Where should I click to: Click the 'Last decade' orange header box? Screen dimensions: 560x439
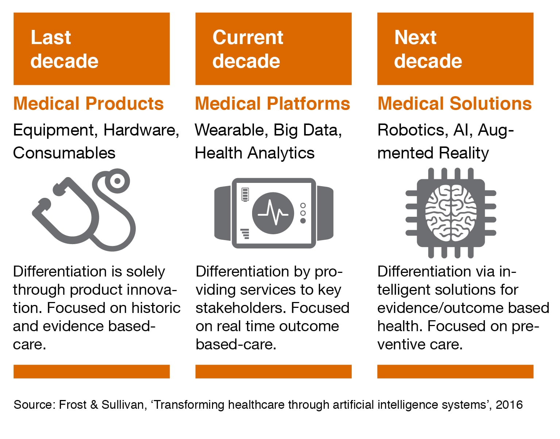pyautogui.click(x=92, y=48)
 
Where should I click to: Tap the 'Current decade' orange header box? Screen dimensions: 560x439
pyautogui.click(x=273, y=48)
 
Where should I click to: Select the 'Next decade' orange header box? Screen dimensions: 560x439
pyautogui.click(x=455, y=48)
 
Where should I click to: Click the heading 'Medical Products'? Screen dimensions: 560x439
pyautogui.click(x=88, y=103)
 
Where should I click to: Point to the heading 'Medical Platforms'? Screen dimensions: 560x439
pyautogui.click(x=273, y=103)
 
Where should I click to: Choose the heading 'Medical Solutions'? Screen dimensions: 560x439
pyautogui.click(x=455, y=103)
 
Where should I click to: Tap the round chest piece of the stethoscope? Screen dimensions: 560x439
pyautogui.click(x=117, y=181)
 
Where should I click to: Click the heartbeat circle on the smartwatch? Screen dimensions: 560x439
pyautogui.click(x=273, y=213)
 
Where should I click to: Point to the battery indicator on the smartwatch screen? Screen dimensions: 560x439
pyautogui.click(x=245, y=194)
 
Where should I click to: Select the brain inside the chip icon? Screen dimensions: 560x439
pyautogui.click(x=451, y=213)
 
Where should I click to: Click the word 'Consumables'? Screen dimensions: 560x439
pyautogui.click(x=64, y=153)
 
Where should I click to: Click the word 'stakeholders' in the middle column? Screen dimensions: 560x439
pyautogui.click(x=241, y=308)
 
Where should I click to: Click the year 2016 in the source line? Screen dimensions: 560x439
pyautogui.click(x=509, y=405)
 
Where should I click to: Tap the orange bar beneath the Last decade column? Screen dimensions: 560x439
pyautogui.click(x=92, y=371)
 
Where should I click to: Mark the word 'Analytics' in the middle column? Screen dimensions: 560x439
pyautogui.click(x=281, y=153)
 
